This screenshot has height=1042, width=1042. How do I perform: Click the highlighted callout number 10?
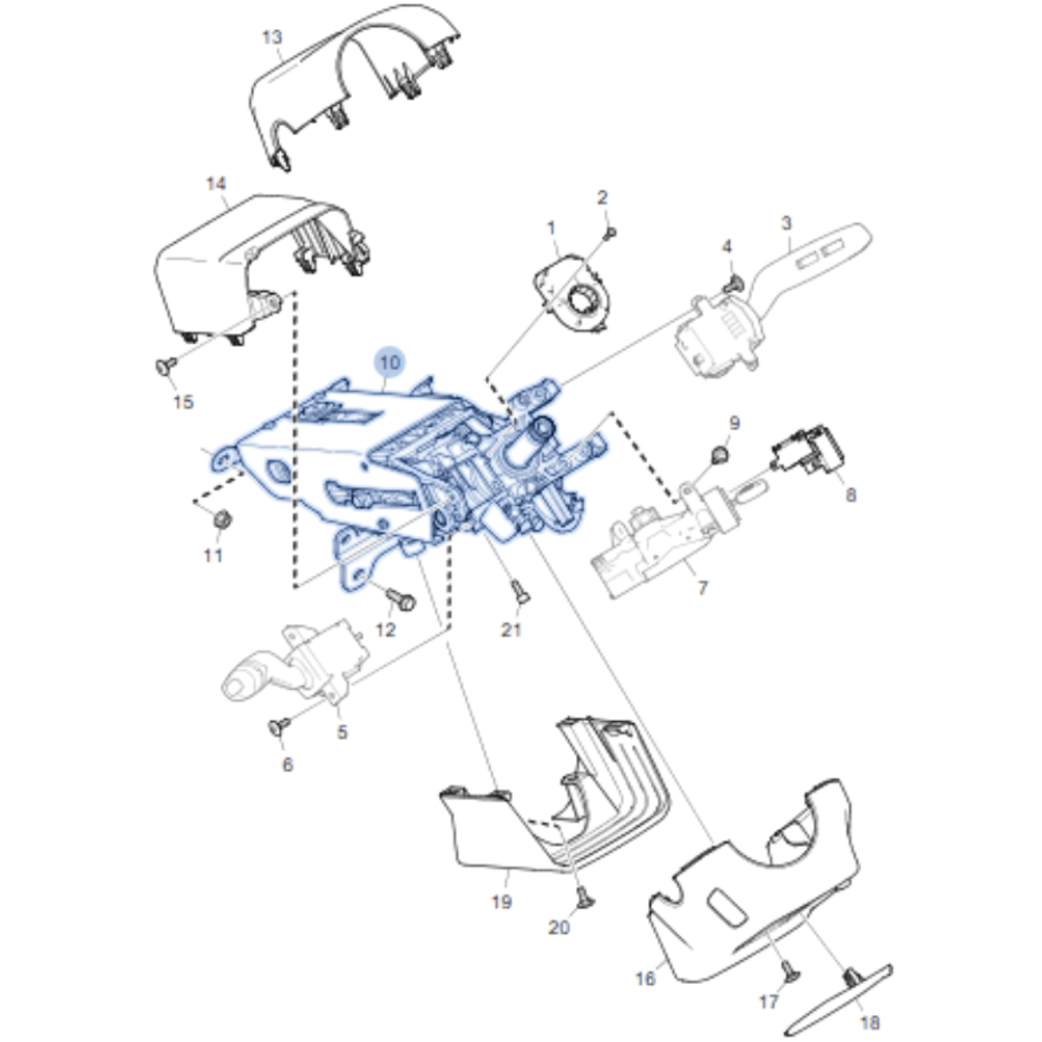point(390,362)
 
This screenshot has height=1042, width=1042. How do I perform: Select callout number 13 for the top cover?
point(272,37)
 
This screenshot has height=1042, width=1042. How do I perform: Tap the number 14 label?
point(216,184)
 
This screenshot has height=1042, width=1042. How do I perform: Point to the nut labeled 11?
point(222,520)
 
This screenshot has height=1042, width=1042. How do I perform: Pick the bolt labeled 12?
point(401,600)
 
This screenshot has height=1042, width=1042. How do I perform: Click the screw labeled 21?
point(521,591)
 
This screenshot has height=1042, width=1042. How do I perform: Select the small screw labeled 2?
point(611,233)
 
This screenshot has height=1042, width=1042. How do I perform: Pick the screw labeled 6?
point(279,726)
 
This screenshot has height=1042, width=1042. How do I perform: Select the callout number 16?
point(646,978)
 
